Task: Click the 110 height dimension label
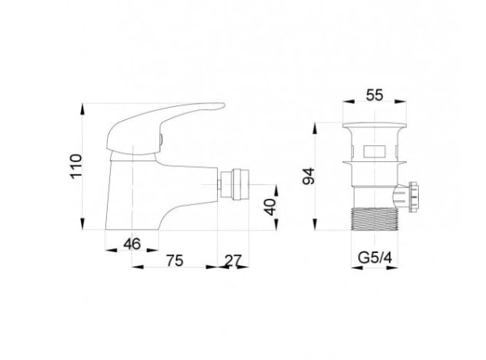click(76, 165)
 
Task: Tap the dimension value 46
click(132, 244)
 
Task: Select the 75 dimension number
click(175, 260)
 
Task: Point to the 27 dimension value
click(232, 261)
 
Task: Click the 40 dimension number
click(271, 207)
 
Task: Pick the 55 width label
click(375, 95)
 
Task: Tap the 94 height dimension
click(309, 176)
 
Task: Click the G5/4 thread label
click(375, 258)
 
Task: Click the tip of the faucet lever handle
click(224, 105)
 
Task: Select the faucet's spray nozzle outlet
click(237, 184)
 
